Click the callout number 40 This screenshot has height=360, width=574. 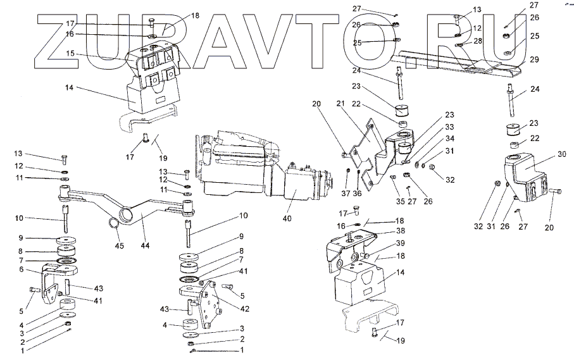coord(287,219)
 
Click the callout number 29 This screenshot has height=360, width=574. coord(535,60)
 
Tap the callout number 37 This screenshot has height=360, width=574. coord(346,193)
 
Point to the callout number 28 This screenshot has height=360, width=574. coord(478,40)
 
